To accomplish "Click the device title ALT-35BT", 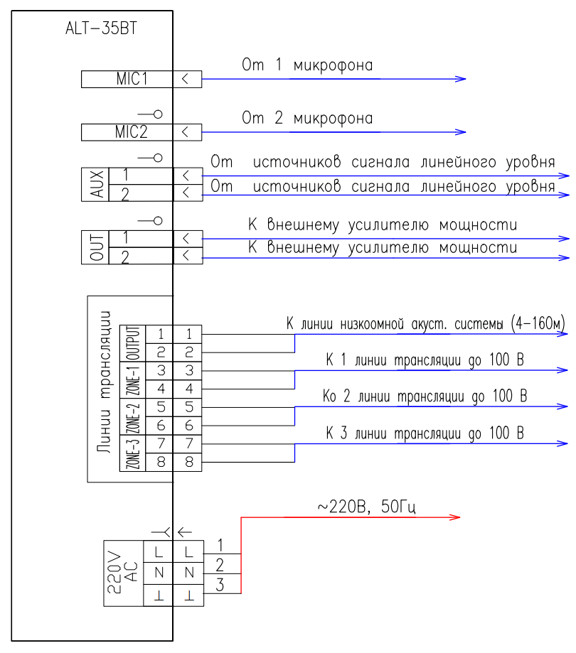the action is (x=101, y=28).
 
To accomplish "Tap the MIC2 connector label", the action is (x=132, y=132).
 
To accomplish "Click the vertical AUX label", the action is (x=96, y=184).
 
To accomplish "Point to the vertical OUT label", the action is (x=96, y=247).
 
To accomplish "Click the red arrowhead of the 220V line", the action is (x=454, y=517).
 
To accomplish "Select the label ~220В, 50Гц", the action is (x=367, y=507).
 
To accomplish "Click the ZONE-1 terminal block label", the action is (x=133, y=380).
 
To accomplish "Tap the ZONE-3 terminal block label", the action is (x=133, y=453).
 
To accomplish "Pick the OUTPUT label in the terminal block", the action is (x=133, y=343).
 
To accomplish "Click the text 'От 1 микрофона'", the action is (x=307, y=65).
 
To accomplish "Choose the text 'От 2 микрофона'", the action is (x=307, y=118).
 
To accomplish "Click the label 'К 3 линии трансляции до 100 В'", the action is (x=425, y=433).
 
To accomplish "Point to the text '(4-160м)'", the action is (x=538, y=323).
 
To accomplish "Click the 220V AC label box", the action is (x=123, y=573).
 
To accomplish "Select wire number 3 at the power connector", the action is (x=220, y=585).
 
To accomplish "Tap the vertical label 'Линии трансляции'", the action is (x=104, y=382).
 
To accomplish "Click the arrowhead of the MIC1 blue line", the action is (x=461, y=79).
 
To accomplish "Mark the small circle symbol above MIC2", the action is (x=158, y=114).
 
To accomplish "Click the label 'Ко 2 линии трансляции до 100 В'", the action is (x=425, y=396).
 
